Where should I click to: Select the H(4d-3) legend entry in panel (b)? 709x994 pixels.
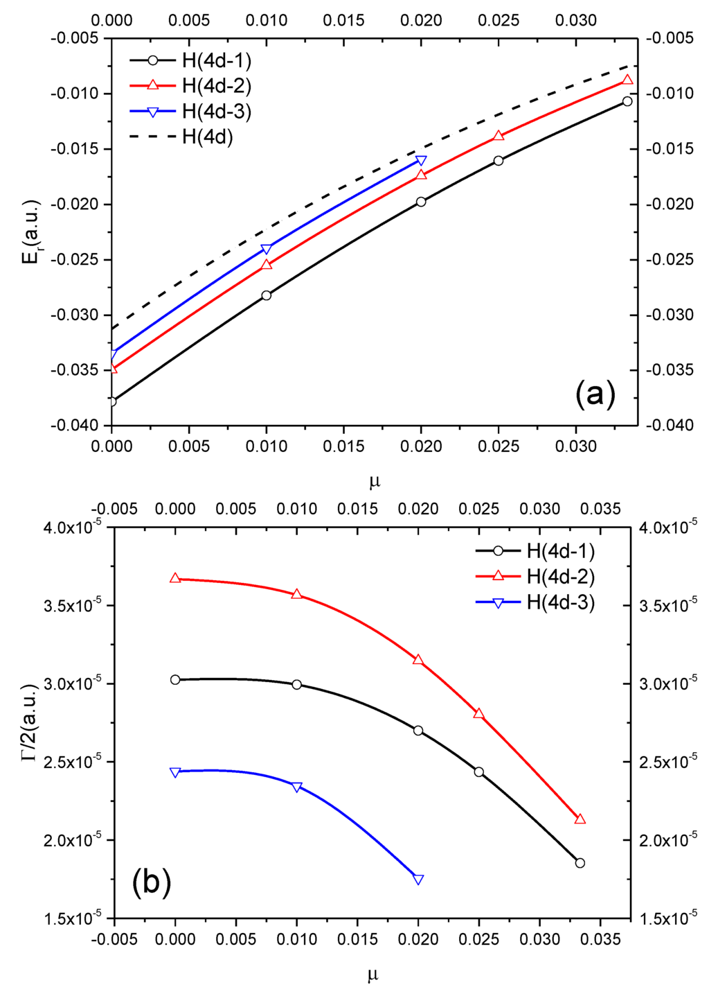(560, 602)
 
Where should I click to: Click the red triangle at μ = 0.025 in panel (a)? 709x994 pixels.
(499, 136)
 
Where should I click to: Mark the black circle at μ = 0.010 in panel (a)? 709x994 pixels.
(267, 295)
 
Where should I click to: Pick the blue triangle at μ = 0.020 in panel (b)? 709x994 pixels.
(418, 879)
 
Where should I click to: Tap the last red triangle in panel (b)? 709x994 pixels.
(580, 819)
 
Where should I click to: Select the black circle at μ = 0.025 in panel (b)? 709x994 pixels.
(479, 772)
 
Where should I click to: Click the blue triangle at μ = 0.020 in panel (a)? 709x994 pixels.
(421, 161)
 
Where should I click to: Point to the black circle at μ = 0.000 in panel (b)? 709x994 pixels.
(175, 680)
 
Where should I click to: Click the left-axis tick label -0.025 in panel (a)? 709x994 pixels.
(74, 259)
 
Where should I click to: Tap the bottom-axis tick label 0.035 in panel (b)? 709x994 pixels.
(600, 940)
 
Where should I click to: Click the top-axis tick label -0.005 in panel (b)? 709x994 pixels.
(114, 509)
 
